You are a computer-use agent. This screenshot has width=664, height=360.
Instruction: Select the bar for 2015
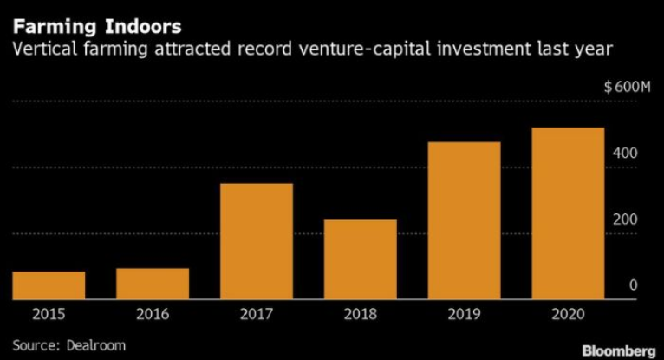pos(49,285)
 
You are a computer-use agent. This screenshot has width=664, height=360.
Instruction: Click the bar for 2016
pos(153,284)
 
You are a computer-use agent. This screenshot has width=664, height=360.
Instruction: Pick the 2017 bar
pos(257,241)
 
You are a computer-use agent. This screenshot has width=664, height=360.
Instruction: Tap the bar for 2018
pos(361,259)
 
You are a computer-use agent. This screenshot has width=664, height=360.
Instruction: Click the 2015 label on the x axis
pos(49,315)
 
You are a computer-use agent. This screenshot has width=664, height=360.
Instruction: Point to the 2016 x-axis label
pos(153,315)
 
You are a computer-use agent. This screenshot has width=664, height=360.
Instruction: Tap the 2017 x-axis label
pos(257,315)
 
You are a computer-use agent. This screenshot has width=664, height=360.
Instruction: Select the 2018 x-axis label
pos(361,315)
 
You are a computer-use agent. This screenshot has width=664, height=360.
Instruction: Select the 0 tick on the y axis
pos(634,285)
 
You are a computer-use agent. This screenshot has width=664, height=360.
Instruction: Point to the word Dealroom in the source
pos(95,344)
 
